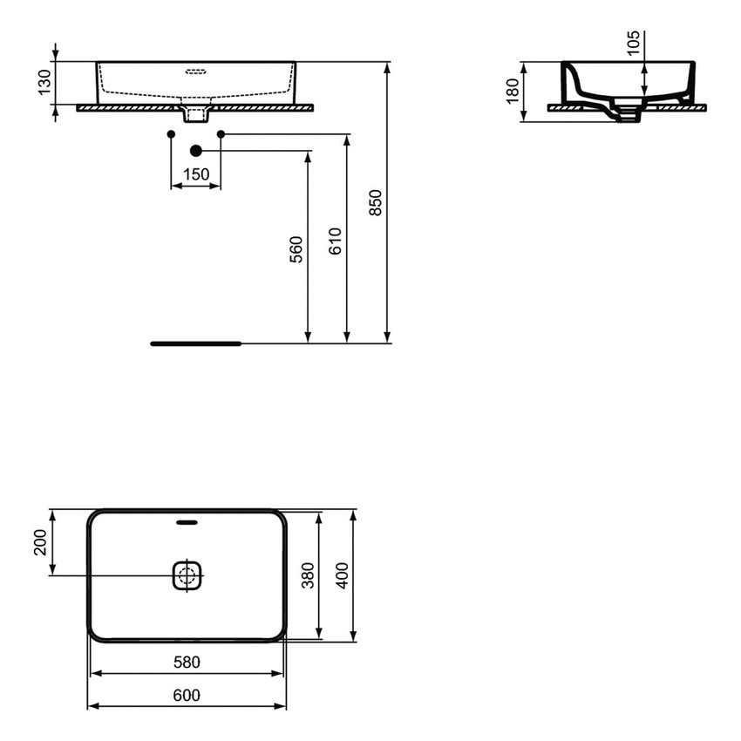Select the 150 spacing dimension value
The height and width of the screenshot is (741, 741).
pyautogui.click(x=195, y=174)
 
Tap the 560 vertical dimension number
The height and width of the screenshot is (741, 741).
pyautogui.click(x=296, y=249)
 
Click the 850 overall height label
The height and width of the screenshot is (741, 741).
pyautogui.click(x=375, y=202)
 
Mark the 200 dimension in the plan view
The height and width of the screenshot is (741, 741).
pyautogui.click(x=39, y=546)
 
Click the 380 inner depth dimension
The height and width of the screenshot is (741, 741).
pyautogui.click(x=307, y=575)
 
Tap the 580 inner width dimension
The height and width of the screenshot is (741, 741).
pyautogui.click(x=187, y=662)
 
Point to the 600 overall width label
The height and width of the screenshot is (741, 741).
pyautogui.click(x=187, y=695)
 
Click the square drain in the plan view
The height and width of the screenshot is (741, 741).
pyautogui.click(x=187, y=574)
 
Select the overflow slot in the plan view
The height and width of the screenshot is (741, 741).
pyautogui.click(x=187, y=523)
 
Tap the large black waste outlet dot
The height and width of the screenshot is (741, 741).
pyautogui.click(x=195, y=151)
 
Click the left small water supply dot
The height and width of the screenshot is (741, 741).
pyautogui.click(x=171, y=133)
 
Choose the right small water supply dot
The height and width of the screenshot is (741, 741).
pyautogui.click(x=221, y=133)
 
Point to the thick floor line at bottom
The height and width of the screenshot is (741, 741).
pyautogui.click(x=194, y=343)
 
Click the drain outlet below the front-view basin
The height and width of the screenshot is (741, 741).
pyautogui.click(x=196, y=112)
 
